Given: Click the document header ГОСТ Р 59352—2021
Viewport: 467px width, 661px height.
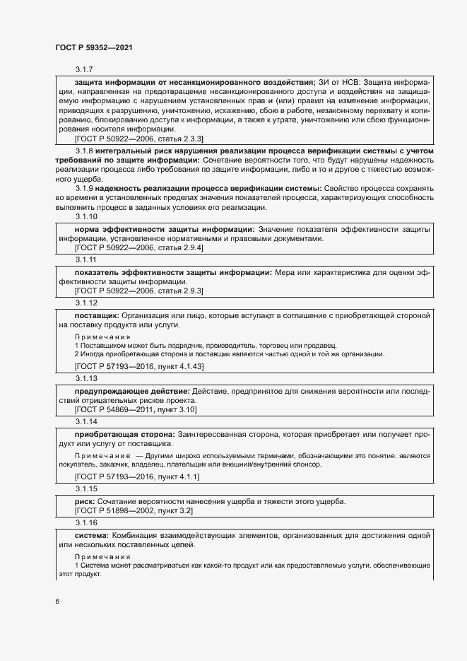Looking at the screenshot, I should tap(94, 47).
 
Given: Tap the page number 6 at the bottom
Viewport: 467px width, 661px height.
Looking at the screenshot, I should tap(57, 602).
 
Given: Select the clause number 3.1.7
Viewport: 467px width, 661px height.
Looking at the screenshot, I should tap(85, 69).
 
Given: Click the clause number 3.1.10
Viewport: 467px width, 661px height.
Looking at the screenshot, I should tap(86, 216).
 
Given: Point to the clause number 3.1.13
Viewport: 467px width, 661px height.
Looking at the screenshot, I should tap(86, 378).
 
